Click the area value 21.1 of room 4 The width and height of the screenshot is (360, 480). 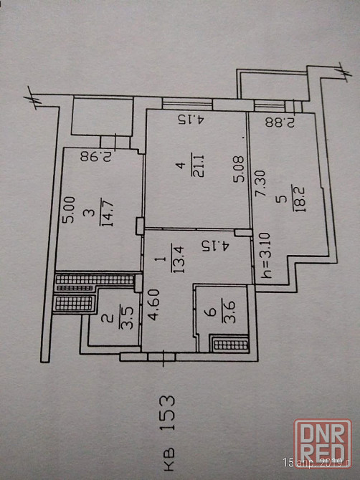(199, 165)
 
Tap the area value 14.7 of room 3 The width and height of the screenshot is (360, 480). (107, 212)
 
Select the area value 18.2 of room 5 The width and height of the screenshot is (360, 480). (299, 198)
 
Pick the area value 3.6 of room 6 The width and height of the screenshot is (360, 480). (229, 312)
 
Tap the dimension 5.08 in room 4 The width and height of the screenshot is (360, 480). (239, 169)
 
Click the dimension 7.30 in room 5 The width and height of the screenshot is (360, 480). (260, 184)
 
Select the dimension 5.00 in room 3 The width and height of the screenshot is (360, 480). (68, 210)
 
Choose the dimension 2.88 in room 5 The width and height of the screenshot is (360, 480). (280, 122)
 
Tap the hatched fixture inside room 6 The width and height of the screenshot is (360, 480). (231, 345)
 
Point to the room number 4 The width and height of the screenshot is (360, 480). (181, 165)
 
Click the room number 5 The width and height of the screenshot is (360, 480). (281, 200)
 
